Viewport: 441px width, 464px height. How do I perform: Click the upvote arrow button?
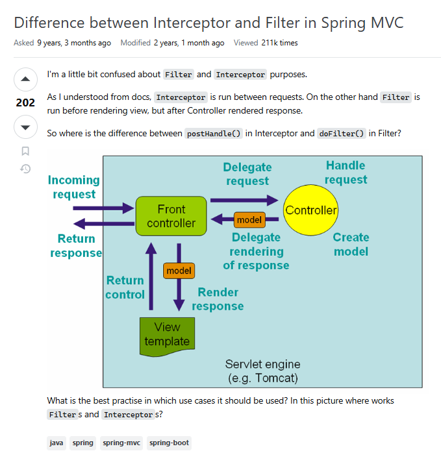tap(25, 80)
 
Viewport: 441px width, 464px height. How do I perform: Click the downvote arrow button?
tap(25, 127)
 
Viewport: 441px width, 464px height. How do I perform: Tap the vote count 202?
tap(25, 103)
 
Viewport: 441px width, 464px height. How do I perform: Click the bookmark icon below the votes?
tap(25, 151)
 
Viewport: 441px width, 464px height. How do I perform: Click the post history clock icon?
tap(25, 169)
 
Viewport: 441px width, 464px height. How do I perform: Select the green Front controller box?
tap(171, 216)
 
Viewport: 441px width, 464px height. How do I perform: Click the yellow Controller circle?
tap(311, 210)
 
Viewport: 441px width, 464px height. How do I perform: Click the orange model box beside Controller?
tap(249, 220)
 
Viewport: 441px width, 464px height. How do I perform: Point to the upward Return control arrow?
tap(151, 276)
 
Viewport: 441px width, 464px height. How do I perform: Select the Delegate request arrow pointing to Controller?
tap(243, 201)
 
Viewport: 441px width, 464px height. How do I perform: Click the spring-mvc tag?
tap(121, 443)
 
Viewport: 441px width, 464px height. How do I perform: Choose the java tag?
tap(57, 443)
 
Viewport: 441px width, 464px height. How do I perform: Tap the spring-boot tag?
tap(169, 443)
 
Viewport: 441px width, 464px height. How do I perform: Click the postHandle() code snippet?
tap(214, 134)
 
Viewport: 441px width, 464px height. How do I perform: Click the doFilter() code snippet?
tap(342, 134)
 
